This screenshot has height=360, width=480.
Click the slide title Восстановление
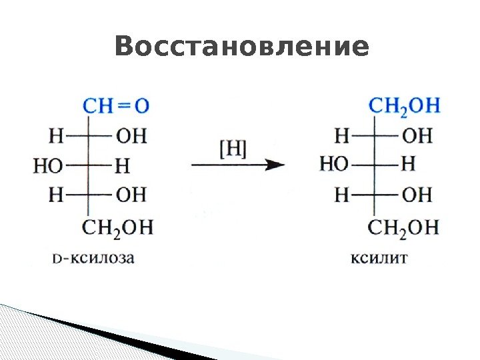coord(241,47)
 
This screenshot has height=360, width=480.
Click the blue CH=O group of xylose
coord(117,105)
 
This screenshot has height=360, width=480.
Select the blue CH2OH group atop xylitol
coord(404,105)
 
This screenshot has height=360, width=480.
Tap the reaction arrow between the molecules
coord(237,165)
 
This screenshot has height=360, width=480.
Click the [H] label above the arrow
coord(233,149)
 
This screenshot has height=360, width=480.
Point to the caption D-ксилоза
coord(93,257)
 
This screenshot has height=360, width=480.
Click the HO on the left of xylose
coord(47,165)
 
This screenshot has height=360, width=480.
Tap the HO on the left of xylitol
coord(334,165)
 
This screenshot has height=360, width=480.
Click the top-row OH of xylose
coord(131,136)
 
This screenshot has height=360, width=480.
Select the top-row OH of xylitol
coord(418,136)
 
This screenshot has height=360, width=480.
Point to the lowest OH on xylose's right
coord(131,194)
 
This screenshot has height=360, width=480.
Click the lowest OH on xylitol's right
coord(418,194)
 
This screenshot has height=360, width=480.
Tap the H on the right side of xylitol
coord(409,165)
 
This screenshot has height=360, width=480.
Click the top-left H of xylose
coord(57,136)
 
